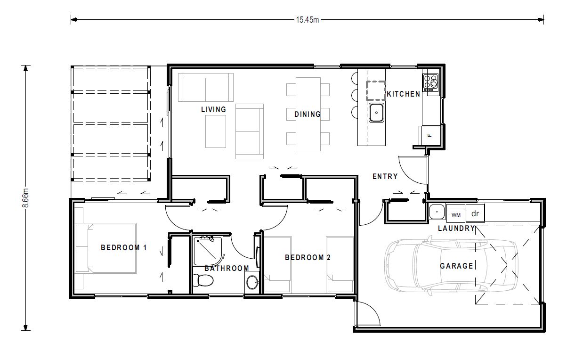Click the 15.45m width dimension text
[x=308, y=20]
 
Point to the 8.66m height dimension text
[x=25, y=198]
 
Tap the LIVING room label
[x=213, y=109]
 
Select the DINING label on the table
[x=308, y=114]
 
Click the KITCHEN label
[x=404, y=94]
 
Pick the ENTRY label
[x=385, y=176]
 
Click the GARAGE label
[x=456, y=266]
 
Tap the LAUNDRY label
[x=456, y=228]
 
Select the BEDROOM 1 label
[x=124, y=247]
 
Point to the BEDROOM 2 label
[x=308, y=257]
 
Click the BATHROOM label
[x=227, y=268]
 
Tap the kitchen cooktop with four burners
[x=430, y=83]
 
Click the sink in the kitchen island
[x=376, y=113]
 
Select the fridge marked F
[x=430, y=135]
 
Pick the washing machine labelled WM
[x=456, y=213]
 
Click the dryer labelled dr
[x=475, y=213]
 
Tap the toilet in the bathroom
[x=203, y=280]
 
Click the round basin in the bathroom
[x=252, y=282]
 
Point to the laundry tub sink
[x=437, y=212]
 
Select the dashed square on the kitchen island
[x=376, y=90]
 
